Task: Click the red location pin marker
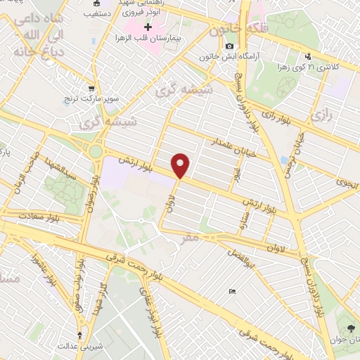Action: (181, 165)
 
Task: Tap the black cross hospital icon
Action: (148, 27)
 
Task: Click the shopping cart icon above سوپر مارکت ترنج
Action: (91, 89)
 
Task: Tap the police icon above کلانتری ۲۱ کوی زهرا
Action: (307, 57)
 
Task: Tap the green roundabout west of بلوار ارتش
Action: (96, 151)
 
